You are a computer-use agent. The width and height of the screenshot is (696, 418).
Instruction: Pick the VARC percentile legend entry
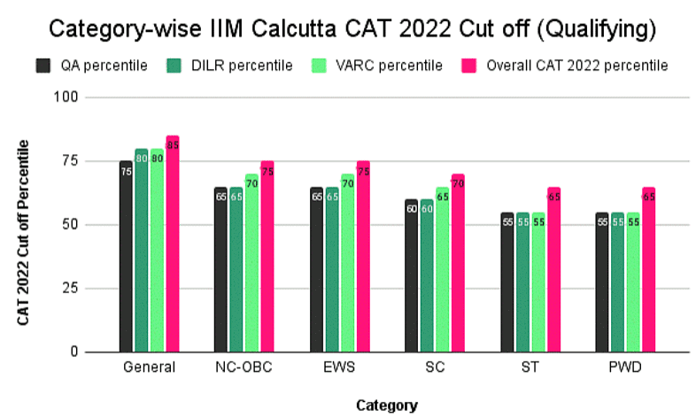point(374,66)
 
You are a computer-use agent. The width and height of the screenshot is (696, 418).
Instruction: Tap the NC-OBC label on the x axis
point(244,368)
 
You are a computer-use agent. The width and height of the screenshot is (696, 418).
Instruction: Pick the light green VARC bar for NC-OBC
point(251,270)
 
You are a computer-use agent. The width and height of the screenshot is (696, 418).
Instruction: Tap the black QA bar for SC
point(412,279)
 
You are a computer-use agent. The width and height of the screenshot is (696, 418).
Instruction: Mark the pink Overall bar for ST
point(553,275)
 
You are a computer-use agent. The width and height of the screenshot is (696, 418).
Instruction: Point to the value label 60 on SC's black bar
point(412,209)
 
